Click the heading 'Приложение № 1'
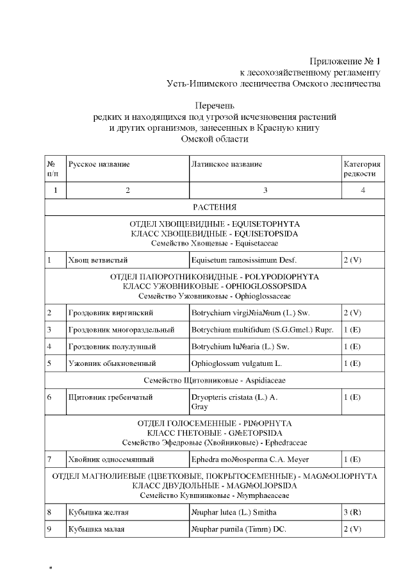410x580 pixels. click(345, 62)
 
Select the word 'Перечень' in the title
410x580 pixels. click(215, 105)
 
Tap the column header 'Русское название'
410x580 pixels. click(99, 165)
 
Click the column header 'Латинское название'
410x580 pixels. click(226, 165)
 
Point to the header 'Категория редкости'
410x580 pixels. click(362, 169)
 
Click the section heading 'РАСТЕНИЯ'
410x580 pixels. click(215, 207)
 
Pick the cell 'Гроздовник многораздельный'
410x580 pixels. click(121, 329)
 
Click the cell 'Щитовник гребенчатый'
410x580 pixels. click(110, 397)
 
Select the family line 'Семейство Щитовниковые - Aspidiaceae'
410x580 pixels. click(215, 380)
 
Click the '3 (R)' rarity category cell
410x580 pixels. click(353, 513)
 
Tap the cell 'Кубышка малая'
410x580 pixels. click(96, 529)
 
